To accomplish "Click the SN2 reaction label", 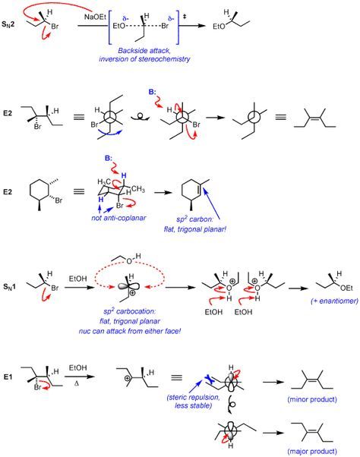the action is (x=8, y=24).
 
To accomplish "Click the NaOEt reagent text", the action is (x=96, y=17).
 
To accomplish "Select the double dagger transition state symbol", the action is (x=185, y=17).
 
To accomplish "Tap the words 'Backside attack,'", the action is (x=144, y=50).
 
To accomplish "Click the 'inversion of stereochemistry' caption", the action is (x=144, y=59).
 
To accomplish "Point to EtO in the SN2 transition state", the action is (x=119, y=27).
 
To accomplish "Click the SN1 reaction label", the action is (x=10, y=287).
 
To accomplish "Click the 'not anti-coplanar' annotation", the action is (x=118, y=218).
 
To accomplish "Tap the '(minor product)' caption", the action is (x=312, y=399).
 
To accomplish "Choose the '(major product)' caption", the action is (x=312, y=452).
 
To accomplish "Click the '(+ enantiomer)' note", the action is (x=334, y=301).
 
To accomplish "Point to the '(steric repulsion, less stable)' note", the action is (x=193, y=402).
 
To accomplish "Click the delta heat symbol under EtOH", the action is (x=77, y=384).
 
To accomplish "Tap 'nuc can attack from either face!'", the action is (x=129, y=332).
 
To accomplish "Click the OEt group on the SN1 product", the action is (x=346, y=288).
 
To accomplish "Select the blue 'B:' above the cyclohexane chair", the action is (x=109, y=159).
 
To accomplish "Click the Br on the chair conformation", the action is (x=120, y=206).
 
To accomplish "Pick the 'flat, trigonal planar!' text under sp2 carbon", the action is (x=195, y=229).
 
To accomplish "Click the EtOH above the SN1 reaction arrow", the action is (x=77, y=279).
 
